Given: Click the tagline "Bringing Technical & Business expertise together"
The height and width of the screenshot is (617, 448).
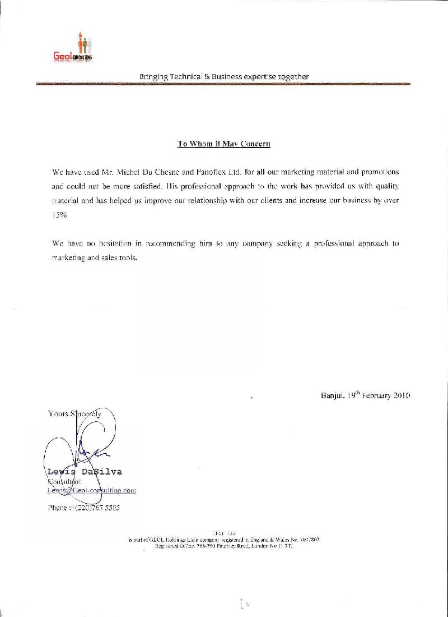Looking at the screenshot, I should pos(224,76).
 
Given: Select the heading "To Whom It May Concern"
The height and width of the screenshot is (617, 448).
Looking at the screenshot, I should pos(224,144).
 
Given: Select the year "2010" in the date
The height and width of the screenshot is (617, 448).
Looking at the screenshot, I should pos(401,395).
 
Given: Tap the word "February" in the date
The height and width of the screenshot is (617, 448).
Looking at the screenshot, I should pos(373,395).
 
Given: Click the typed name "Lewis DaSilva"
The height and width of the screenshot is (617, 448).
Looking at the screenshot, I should pos(85,471).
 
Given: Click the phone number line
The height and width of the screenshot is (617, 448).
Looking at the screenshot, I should pos(84,508).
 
